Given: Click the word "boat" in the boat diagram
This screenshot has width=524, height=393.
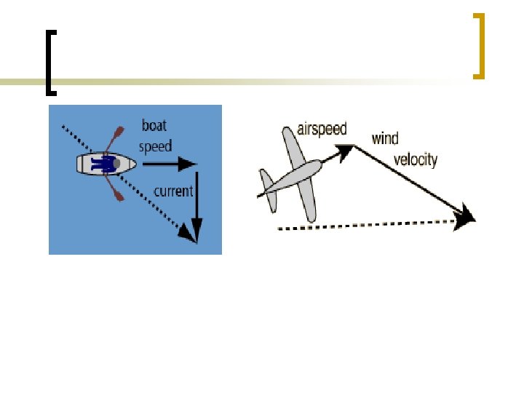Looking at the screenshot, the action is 154,125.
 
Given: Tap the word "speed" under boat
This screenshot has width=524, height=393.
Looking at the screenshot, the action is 155,146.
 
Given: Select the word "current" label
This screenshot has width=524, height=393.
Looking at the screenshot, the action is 173,191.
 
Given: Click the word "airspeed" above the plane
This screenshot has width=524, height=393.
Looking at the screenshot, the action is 322,130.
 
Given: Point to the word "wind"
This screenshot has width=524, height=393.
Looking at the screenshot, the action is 385,138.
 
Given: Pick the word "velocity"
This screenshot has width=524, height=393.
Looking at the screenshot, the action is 416,159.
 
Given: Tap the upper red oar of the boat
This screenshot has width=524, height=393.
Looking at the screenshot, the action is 116,138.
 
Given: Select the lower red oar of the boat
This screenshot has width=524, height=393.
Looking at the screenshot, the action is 116,190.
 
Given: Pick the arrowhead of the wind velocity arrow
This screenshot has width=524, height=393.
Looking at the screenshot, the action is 464,215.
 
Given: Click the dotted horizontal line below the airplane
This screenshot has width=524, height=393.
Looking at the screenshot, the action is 364,226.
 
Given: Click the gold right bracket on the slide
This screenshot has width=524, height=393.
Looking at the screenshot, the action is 478,45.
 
